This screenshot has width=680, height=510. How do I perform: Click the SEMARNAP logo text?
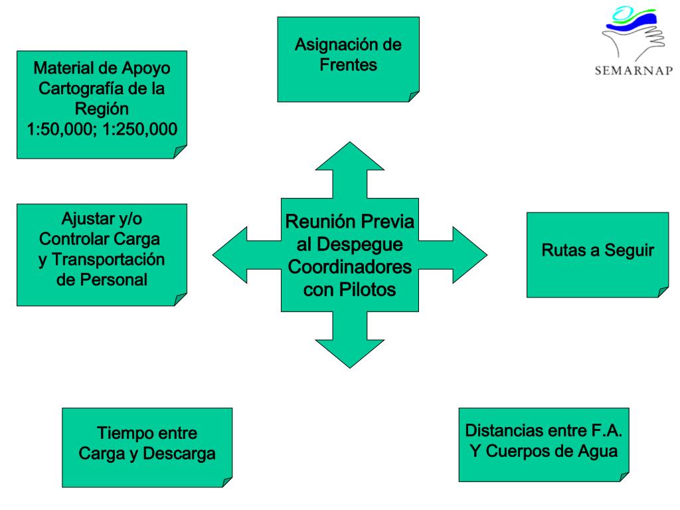634,70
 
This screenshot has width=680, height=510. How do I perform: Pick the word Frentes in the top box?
348,65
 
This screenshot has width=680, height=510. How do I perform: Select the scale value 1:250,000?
139,129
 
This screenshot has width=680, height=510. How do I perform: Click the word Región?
102,109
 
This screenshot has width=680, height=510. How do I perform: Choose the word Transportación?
108,260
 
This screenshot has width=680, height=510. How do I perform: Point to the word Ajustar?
84,219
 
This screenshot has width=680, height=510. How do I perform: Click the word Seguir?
630,250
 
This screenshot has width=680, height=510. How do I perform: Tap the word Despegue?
360,245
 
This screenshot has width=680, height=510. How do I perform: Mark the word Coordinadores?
349,267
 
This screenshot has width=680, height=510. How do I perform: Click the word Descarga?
179,454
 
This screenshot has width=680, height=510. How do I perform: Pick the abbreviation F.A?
606,430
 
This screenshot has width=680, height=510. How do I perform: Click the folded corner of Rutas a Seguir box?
663,292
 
